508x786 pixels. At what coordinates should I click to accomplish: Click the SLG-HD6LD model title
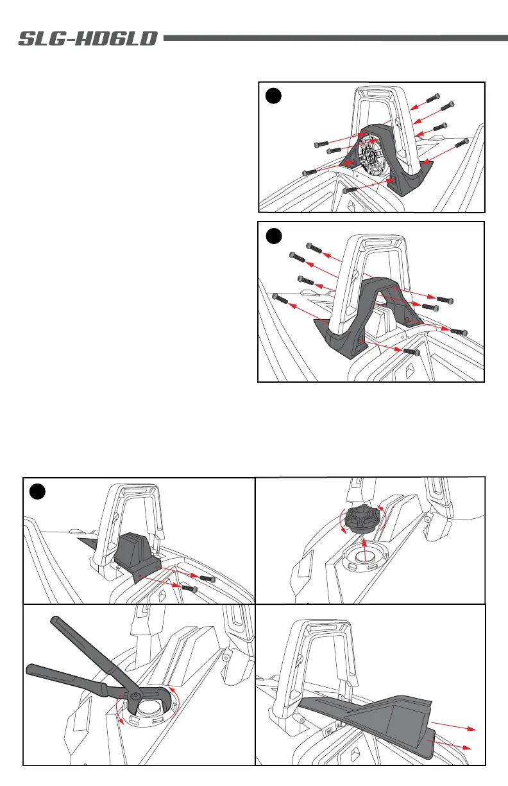pos(88,39)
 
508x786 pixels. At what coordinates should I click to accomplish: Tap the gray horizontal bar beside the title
pos(335,38)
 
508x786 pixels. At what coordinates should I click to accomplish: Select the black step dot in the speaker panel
pos(273,96)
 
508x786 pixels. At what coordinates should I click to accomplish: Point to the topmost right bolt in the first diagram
pos(434,98)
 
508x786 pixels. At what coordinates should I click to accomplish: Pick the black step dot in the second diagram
pos(274,236)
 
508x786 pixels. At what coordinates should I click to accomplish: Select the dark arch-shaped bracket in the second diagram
pos(368,316)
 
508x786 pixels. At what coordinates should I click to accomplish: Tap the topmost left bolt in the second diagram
pos(314,248)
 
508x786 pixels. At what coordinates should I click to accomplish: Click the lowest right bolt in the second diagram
pos(412,351)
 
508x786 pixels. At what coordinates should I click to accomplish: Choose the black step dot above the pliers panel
pos(37,492)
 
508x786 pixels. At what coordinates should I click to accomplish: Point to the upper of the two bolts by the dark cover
pos(208,579)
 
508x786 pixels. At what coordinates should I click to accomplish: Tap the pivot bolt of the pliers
pos(135,694)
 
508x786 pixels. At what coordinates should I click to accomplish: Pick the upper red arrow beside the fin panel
pos(453,726)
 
